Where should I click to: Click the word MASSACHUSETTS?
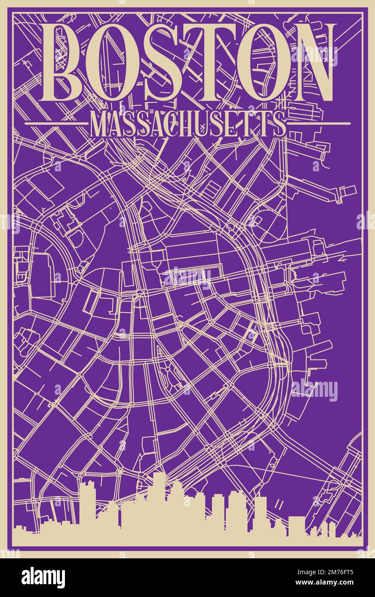pyautogui.click(x=187, y=124)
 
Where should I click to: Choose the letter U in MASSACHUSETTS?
pyautogui.click(x=215, y=124)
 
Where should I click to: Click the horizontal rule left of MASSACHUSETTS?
pyautogui.click(x=56, y=123)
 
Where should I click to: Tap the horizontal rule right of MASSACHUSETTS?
pyautogui.click(x=319, y=123)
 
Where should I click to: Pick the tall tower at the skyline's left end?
pyautogui.click(x=87, y=503)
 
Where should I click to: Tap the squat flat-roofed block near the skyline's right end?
pyautogui.click(x=296, y=526)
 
